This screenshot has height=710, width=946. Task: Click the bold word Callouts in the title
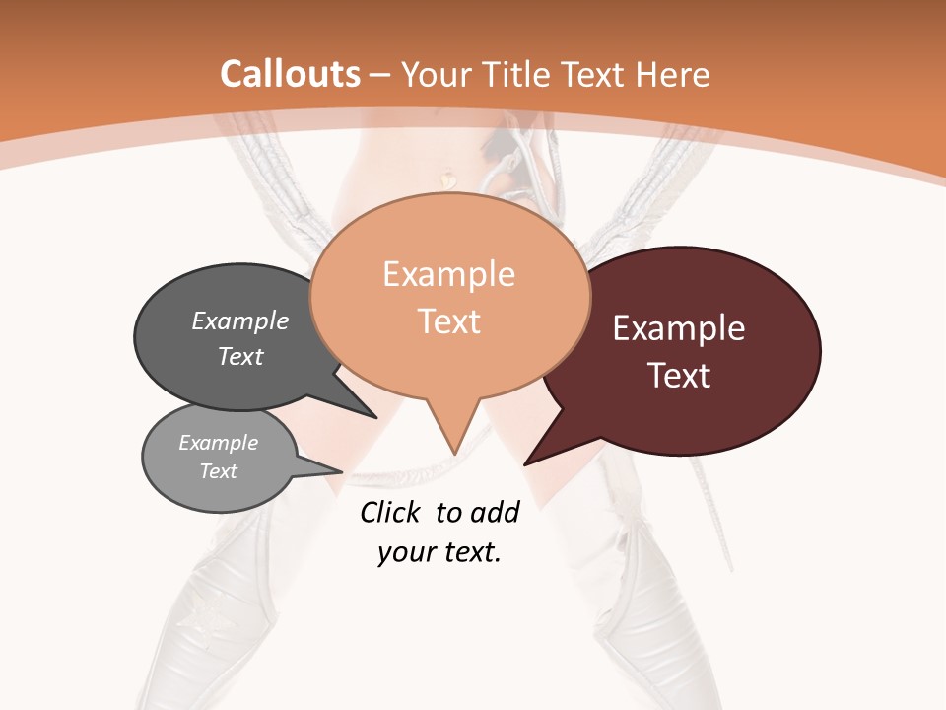pyautogui.click(x=290, y=74)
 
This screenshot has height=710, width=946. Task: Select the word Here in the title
pyautogui.click(x=673, y=74)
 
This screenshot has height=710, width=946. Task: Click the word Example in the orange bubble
pyautogui.click(x=448, y=274)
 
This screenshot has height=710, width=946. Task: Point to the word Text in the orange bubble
pyautogui.click(x=449, y=321)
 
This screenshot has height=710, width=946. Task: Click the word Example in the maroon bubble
pyautogui.click(x=679, y=328)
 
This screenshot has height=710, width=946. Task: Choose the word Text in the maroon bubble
pyautogui.click(x=680, y=376)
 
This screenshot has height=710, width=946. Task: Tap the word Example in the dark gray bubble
pyautogui.click(x=240, y=320)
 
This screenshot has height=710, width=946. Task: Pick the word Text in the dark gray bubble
pyautogui.click(x=240, y=356)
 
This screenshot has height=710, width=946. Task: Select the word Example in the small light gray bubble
pyautogui.click(x=219, y=443)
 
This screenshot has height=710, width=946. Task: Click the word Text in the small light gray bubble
pyautogui.click(x=219, y=471)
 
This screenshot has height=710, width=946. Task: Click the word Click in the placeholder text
pyautogui.click(x=391, y=512)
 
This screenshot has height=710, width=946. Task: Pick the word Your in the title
pyautogui.click(x=436, y=74)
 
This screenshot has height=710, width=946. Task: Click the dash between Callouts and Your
pyautogui.click(x=380, y=74)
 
